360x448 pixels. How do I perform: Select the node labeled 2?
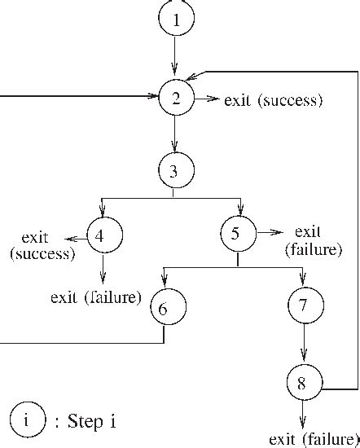pyautogui.click(x=175, y=100)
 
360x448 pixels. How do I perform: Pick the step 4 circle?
pyautogui.click(x=103, y=236)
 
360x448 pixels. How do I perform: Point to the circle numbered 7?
pyautogui.click(x=305, y=306)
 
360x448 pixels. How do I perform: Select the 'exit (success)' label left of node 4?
pyautogui.click(x=40, y=245)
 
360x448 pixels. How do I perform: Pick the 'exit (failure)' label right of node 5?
pyautogui.click(x=313, y=241)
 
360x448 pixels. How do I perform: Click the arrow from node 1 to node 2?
pyautogui.click(x=175, y=61)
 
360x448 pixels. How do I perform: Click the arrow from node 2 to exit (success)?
pyautogui.click(x=208, y=100)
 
